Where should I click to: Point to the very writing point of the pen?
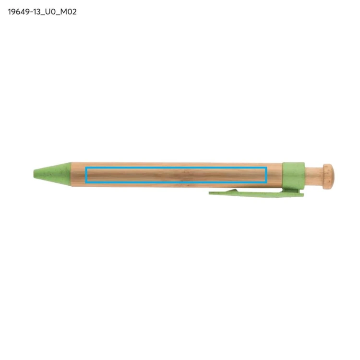click(x=34, y=174)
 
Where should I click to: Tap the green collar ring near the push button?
click(x=293, y=176)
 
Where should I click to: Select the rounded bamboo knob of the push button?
click(x=328, y=176)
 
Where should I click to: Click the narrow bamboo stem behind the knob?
click(x=314, y=176)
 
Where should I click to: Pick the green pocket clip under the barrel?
click(x=256, y=193)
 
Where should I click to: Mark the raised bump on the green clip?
click(x=231, y=191)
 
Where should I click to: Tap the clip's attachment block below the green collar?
click(x=291, y=191)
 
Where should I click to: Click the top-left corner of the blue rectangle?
click(x=85, y=168)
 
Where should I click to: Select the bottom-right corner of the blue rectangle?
click(x=266, y=183)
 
